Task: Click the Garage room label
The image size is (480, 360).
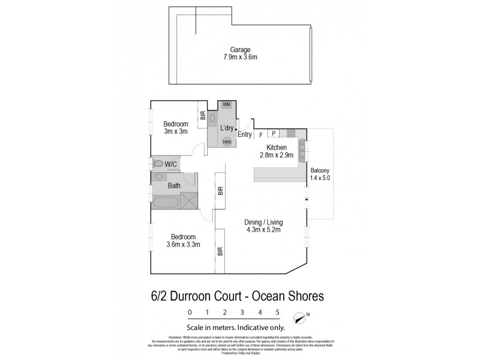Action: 241,50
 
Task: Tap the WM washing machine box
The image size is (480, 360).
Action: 227,105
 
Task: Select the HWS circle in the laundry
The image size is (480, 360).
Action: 227,142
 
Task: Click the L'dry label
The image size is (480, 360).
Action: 227,128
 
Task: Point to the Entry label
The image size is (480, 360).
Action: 244,134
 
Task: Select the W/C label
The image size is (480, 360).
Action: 171,163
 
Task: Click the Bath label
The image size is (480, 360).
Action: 174,185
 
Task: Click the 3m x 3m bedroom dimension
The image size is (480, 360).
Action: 176,131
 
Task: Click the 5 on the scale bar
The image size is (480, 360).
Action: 278,312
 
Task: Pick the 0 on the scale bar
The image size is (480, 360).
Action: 190,312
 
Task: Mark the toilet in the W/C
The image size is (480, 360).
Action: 158,163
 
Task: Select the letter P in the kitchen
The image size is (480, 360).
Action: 274,133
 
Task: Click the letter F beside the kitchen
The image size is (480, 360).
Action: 260,135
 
